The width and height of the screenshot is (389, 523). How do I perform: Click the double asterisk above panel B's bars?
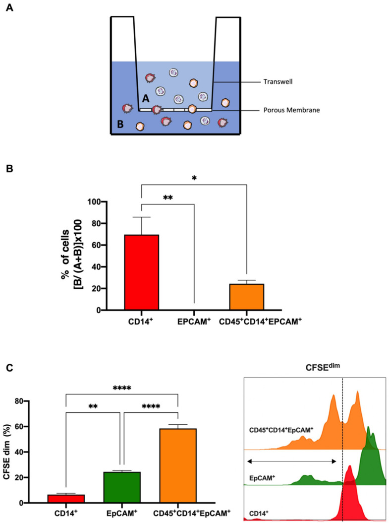click(167, 197)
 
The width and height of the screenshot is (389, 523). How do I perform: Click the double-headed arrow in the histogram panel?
click(292, 461)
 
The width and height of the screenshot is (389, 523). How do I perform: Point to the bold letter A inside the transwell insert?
click(145, 99)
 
